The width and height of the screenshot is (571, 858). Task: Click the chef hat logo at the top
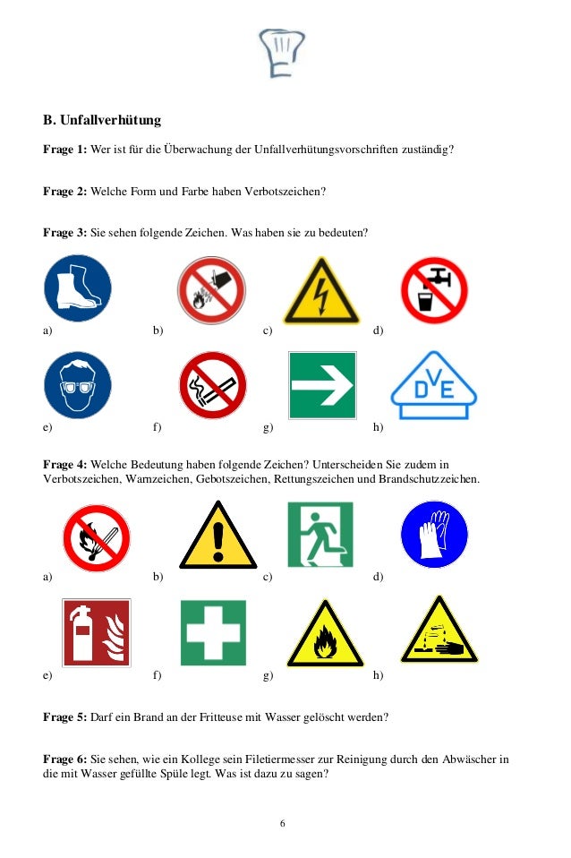pos(281,52)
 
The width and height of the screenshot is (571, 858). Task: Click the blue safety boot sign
pos(78,288)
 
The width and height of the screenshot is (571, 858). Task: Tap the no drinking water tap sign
pos(434,289)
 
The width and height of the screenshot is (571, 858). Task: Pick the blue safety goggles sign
pos(78,385)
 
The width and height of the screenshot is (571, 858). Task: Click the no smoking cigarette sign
pos(212,385)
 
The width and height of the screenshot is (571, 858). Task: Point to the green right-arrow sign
pos(322,385)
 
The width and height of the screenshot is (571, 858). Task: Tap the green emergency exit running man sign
pos(320,534)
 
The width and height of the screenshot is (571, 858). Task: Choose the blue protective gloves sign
pos(434,534)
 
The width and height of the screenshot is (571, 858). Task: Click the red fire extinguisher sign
pos(97,633)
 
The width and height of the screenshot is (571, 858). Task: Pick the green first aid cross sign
pos(213,633)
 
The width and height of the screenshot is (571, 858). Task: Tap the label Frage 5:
pos(64,717)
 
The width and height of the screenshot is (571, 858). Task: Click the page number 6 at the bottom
pos(283,824)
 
